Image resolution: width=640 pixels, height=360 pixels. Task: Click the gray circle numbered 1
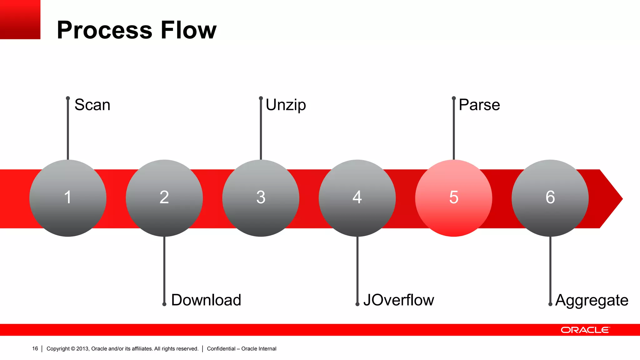[68, 198]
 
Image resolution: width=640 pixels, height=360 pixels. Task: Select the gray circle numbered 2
[164, 198]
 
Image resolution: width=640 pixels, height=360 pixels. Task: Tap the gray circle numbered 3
[261, 198]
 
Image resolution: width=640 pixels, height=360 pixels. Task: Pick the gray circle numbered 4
[357, 198]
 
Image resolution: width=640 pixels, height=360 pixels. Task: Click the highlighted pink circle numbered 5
[453, 198]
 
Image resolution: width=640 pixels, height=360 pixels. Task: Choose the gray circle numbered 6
[550, 198]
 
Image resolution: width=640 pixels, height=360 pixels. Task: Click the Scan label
[92, 105]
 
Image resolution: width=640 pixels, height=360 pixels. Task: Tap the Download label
[206, 300]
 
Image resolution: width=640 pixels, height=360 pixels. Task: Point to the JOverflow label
[398, 300]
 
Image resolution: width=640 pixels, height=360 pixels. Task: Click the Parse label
[479, 105]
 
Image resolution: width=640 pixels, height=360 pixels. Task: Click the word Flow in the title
[188, 30]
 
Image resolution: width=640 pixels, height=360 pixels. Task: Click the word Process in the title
[105, 30]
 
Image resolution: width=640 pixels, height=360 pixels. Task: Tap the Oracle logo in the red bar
[585, 330]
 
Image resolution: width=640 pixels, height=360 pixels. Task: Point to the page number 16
[35, 348]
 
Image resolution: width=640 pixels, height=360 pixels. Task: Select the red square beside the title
[20, 19]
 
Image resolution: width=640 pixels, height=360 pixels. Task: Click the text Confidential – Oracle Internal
[242, 348]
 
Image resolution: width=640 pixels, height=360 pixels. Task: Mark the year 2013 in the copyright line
[82, 348]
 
